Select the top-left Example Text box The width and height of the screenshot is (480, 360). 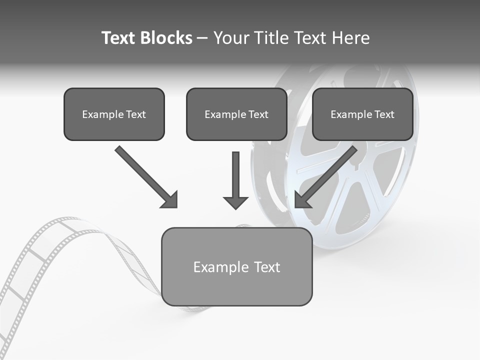pyautogui.click(x=114, y=114)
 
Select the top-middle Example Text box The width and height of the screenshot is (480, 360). pyautogui.click(x=236, y=114)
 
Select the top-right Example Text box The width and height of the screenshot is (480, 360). pyautogui.click(x=362, y=114)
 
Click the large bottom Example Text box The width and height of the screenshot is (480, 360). pyautogui.click(x=236, y=266)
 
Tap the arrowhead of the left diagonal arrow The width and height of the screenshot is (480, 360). pyautogui.click(x=170, y=200)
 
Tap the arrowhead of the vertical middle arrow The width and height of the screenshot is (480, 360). pyautogui.click(x=235, y=202)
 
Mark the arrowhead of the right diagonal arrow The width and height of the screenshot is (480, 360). pyautogui.click(x=302, y=200)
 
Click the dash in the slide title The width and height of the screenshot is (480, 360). pyautogui.click(x=202, y=38)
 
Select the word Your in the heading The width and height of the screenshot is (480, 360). pyautogui.click(x=231, y=38)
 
